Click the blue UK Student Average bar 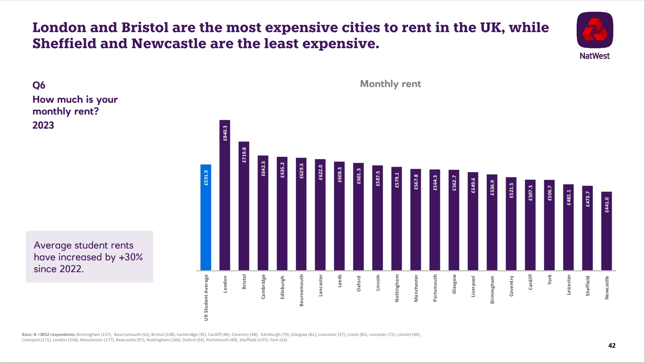[206, 218]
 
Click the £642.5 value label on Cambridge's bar [263, 168]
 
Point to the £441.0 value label [606, 205]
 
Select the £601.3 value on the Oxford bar [359, 176]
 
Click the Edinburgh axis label [282, 287]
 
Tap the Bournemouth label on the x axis [301, 290]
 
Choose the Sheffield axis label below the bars [587, 286]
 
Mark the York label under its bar [549, 280]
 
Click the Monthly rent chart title [390, 84]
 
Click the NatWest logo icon [595, 30]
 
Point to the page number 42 [612, 345]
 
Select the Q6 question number [39, 85]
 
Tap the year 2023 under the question [43, 125]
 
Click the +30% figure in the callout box [131, 257]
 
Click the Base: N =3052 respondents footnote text [49, 334]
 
